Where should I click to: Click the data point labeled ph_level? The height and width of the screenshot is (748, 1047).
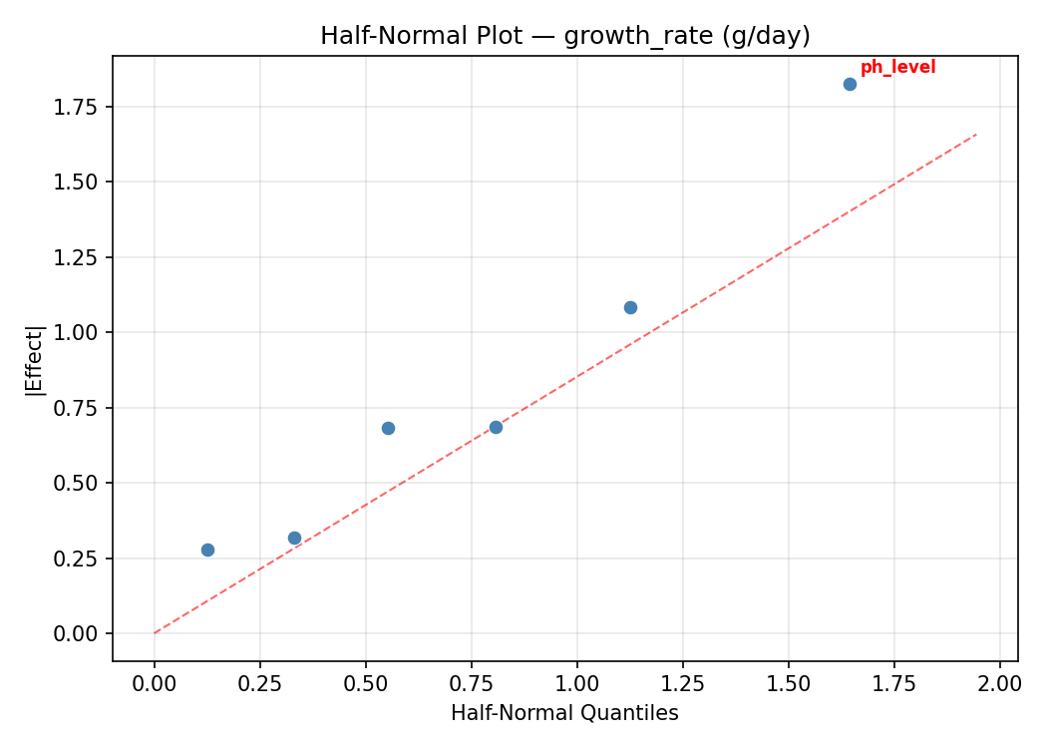pos(850,84)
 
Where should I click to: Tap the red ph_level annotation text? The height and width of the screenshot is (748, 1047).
pos(897,68)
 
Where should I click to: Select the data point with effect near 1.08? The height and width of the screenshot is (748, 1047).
pos(630,307)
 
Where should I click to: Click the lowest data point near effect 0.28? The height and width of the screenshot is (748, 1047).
pos(207,550)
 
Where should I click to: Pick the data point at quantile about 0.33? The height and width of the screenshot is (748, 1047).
pos(294,538)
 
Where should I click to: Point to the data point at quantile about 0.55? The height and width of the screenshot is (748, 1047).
pos(388,428)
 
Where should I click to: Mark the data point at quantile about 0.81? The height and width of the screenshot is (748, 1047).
pos(496,427)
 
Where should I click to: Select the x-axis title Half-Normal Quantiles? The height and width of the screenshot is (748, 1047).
pos(564,713)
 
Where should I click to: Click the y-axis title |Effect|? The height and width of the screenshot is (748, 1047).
pos(35,359)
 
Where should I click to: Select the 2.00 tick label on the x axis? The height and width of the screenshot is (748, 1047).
pos(999,683)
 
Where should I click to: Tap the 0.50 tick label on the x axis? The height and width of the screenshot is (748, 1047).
pos(366,683)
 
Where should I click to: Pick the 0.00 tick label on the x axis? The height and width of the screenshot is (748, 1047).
pos(155,683)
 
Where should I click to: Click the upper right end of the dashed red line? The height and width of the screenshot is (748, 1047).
pos(976,134)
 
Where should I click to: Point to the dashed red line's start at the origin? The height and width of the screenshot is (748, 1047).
pos(155,633)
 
